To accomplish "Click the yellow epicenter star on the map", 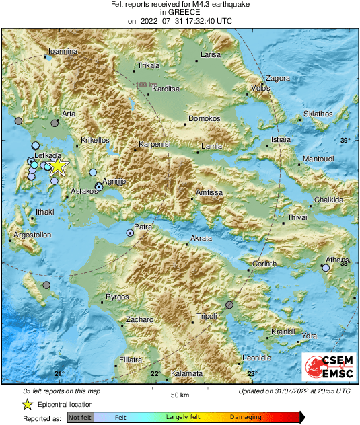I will point(58,166).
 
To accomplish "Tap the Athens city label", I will point(337,260).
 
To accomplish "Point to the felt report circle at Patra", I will point(130,233).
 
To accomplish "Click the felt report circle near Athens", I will point(326,268).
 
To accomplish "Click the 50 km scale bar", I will point(179,389).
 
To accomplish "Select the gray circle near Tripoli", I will point(229,305).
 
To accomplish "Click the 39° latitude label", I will point(345,140).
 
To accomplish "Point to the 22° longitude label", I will point(154,374).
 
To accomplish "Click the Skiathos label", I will point(318,114).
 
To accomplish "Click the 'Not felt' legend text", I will point(80,418).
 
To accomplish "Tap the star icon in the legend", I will point(28,404).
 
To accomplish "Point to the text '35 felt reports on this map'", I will point(62,391).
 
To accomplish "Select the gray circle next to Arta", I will point(55,123).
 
